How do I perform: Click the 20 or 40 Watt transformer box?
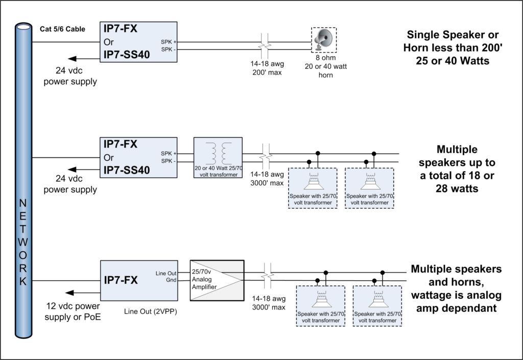coord(218,157)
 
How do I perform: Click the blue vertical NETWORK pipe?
coord(23,179)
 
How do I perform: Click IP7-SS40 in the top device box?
coord(127,54)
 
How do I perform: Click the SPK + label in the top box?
coord(168,42)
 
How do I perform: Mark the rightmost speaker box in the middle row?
coord(369,188)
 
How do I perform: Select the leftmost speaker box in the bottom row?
coord(320,306)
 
